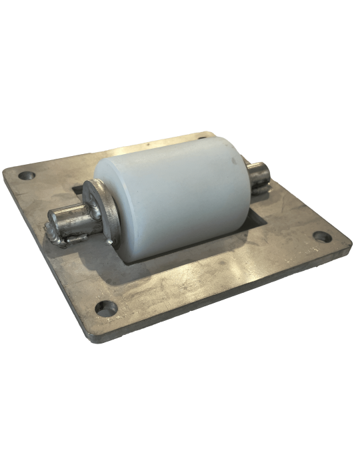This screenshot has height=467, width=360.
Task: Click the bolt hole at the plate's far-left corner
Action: click(x=27, y=176)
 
